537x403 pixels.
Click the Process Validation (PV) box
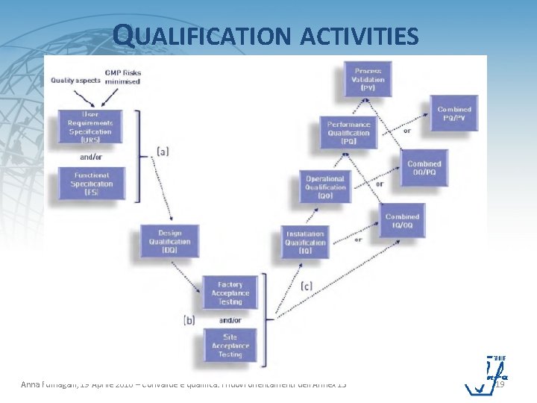[369, 79]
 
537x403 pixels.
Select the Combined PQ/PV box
[453, 113]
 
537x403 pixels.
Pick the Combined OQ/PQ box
[424, 168]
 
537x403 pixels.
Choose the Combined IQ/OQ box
[402, 220]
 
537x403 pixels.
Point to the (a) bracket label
[163, 151]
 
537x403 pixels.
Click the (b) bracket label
[189, 319]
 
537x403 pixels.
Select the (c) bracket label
[307, 285]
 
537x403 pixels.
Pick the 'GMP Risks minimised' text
[123, 77]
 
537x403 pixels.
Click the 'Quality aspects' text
[76, 81]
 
